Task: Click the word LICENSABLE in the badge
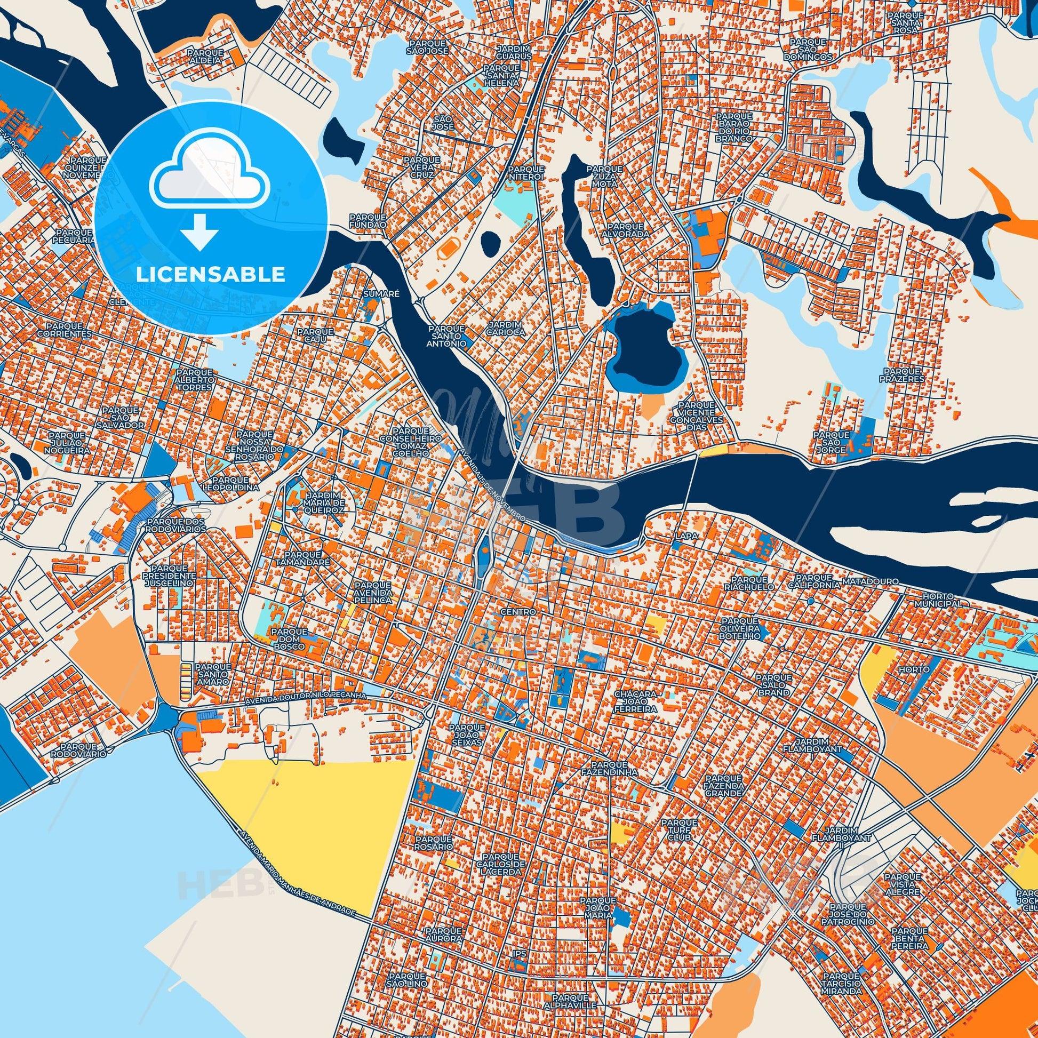click(210, 275)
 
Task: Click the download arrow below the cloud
click(200, 231)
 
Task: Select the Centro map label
click(517, 612)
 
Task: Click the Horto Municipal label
click(937, 600)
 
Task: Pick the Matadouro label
click(864, 581)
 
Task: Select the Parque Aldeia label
click(205, 57)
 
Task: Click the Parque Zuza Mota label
click(605, 175)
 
